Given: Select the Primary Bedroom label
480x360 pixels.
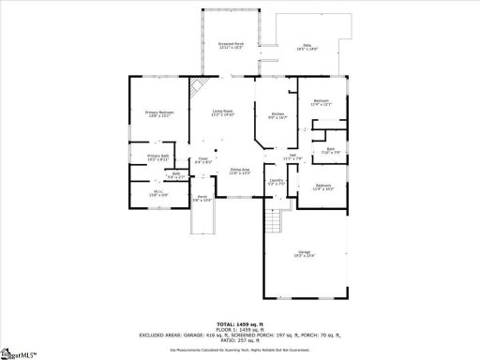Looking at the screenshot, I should click(159, 113).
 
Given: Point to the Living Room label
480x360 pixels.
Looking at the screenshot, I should click(222, 112).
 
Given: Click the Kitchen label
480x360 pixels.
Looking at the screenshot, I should click(277, 114).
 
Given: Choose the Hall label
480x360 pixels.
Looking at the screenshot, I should click(292, 156).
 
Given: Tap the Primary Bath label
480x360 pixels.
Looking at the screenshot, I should click(157, 157).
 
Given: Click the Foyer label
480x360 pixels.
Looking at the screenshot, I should click(202, 159).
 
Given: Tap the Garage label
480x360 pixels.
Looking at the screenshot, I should click(304, 252).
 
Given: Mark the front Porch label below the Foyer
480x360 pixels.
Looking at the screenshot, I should click(202, 197).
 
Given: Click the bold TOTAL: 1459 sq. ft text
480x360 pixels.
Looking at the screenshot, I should click(239, 323).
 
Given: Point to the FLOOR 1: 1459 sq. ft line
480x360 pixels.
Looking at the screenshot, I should click(239, 329).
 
